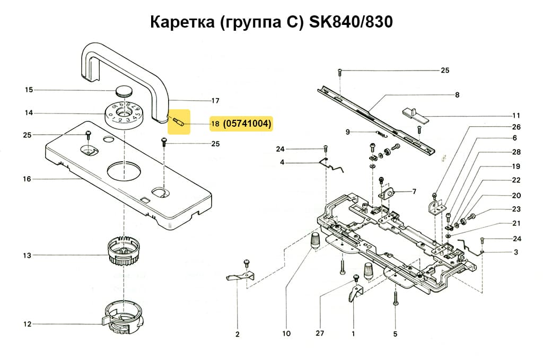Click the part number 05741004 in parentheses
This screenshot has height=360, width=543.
click(248, 124)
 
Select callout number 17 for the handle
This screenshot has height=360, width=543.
click(215, 101)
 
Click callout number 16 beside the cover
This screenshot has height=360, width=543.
click(27, 179)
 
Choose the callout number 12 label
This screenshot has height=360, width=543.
click(27, 324)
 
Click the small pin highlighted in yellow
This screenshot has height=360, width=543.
click(178, 124)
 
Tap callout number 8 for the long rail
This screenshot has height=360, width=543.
click(457, 95)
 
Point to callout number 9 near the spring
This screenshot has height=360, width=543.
click(347, 132)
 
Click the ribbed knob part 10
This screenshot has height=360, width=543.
click(315, 240)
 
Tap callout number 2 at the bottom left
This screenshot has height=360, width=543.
click(237, 334)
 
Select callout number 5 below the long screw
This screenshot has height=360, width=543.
click(396, 334)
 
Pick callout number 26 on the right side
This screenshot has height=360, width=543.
click(516, 127)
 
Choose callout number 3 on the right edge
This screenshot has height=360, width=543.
click(515, 252)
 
